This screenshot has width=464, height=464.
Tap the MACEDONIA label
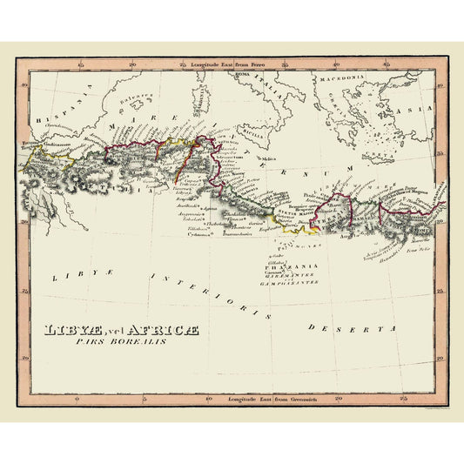tap(340, 78)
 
